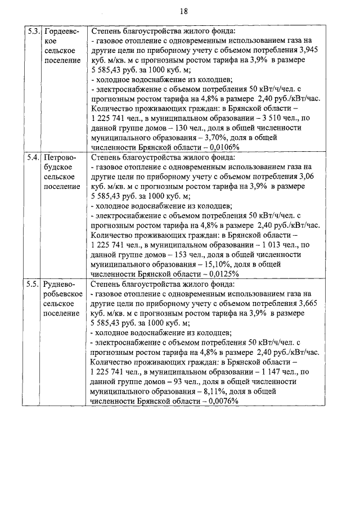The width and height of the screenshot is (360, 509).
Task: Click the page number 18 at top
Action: [x=184, y=11]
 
